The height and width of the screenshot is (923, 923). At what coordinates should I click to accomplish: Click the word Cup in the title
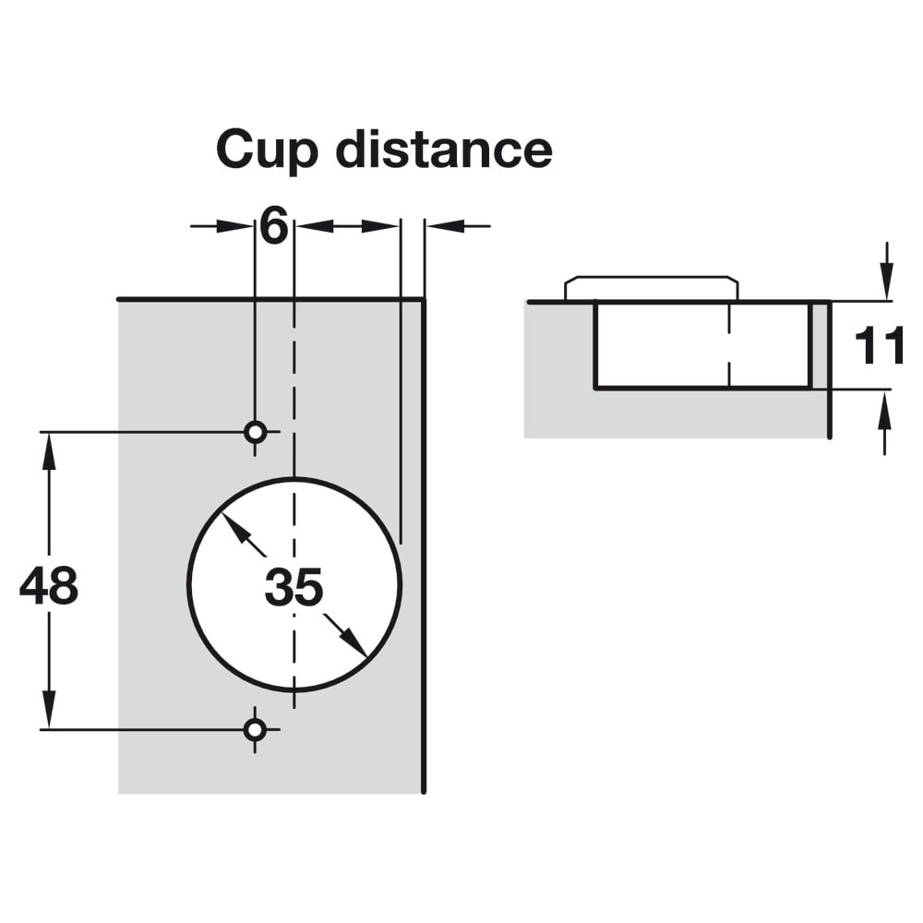pyautogui.click(x=267, y=151)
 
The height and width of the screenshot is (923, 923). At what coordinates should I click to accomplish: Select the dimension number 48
pyautogui.click(x=49, y=586)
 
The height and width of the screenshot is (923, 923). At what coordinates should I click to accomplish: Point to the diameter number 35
pyautogui.click(x=294, y=587)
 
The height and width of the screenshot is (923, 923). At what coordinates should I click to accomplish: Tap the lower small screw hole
pyautogui.click(x=255, y=730)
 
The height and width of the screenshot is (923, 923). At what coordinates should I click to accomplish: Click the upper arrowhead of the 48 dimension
pyautogui.click(x=49, y=450)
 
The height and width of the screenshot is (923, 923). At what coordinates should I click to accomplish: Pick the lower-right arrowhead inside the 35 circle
pyautogui.click(x=354, y=643)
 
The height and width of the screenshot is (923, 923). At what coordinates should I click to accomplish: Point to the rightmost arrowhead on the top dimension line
pyautogui.click(x=445, y=226)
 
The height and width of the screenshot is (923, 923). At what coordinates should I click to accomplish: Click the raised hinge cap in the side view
pyautogui.click(x=651, y=288)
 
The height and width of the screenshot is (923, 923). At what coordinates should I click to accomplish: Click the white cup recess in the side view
pyautogui.click(x=702, y=345)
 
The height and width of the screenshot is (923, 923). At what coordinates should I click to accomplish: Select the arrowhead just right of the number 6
pyautogui.click(x=314, y=226)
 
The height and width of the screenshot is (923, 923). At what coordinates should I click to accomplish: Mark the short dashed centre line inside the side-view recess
pyautogui.click(x=729, y=345)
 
